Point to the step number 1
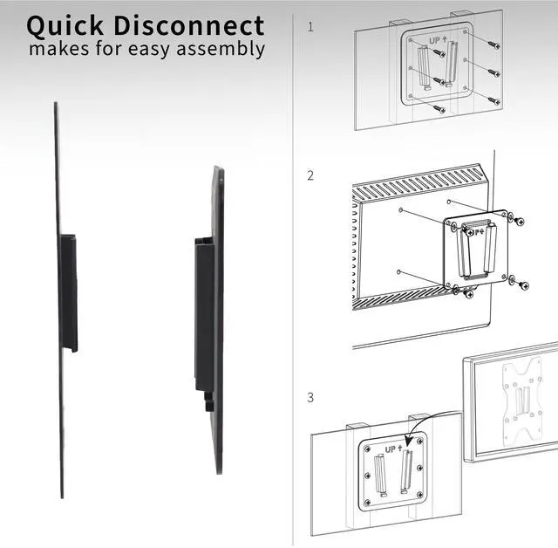[310, 27]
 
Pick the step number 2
[310, 175]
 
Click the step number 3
[310, 398]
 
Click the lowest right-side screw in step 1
[493, 100]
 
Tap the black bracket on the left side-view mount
[69, 291]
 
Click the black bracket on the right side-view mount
[203, 314]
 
